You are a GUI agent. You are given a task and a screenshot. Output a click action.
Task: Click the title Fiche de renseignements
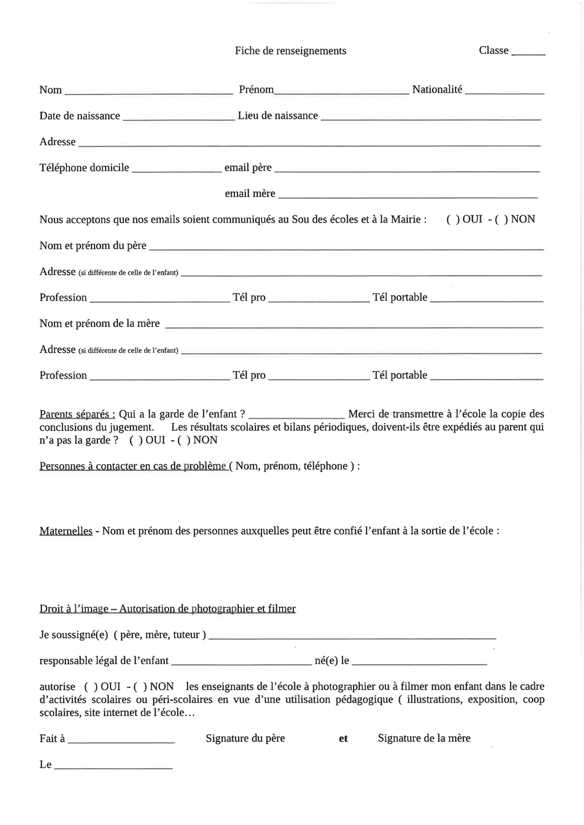coord(290,51)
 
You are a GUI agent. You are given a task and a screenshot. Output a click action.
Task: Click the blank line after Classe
coord(528,53)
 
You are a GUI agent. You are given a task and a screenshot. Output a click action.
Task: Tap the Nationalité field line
coord(504,93)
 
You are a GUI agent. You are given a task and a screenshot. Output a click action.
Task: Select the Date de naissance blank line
coord(178,119)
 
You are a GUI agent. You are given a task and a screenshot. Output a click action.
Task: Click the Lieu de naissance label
coord(278,115)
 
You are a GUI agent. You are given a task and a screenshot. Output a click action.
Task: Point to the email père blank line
coord(407,171)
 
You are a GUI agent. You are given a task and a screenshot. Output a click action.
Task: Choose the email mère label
coord(250,193)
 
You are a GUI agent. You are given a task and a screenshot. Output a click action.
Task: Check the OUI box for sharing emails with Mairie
coord(454,219)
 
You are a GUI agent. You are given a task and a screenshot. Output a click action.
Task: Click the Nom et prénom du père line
coord(346,248)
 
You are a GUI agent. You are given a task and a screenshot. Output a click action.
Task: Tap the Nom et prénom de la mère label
coord(99,323)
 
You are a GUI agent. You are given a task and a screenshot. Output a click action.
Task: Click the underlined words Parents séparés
coord(77,414)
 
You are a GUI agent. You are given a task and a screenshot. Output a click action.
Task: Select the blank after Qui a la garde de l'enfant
coord(297,417)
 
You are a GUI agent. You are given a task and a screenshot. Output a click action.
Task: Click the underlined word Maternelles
coord(66,531)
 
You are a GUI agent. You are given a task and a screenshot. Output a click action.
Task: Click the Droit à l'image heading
coord(167,608)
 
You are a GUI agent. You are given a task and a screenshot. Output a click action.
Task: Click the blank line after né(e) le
coord(419,664)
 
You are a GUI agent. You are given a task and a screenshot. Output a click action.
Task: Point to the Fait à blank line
coord(121,741)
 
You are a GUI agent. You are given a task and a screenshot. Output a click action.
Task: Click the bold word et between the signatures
coord(343,738)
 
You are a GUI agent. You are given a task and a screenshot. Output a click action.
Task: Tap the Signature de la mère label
coord(424,738)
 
